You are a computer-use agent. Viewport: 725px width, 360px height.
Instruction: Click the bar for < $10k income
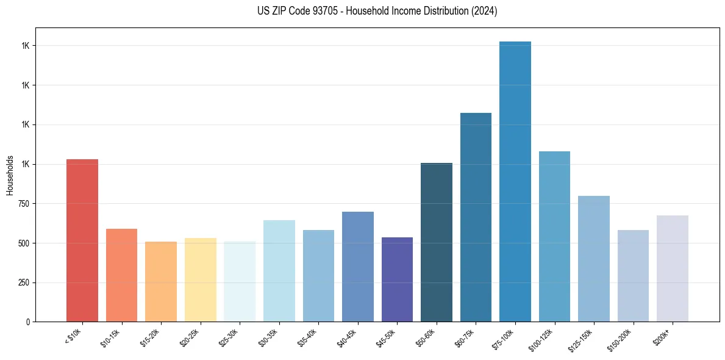[82, 240]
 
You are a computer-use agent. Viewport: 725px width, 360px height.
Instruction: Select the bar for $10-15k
[121, 275]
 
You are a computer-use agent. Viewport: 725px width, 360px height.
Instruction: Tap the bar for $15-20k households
[161, 281]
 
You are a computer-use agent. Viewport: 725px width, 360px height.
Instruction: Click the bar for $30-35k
[279, 271]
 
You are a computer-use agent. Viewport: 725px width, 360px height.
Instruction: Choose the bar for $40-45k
[357, 267]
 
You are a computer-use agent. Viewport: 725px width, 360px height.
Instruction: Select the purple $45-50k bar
[397, 279]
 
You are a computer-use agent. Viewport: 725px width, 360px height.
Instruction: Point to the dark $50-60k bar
[437, 242]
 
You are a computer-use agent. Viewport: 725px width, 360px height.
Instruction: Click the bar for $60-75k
[476, 217]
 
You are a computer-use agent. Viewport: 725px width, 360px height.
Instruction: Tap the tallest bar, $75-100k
[515, 182]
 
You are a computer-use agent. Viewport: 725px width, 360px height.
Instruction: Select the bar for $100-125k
[554, 236]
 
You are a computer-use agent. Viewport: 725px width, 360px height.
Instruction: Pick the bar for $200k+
[673, 268]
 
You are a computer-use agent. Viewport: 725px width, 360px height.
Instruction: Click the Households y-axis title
[10, 175]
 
